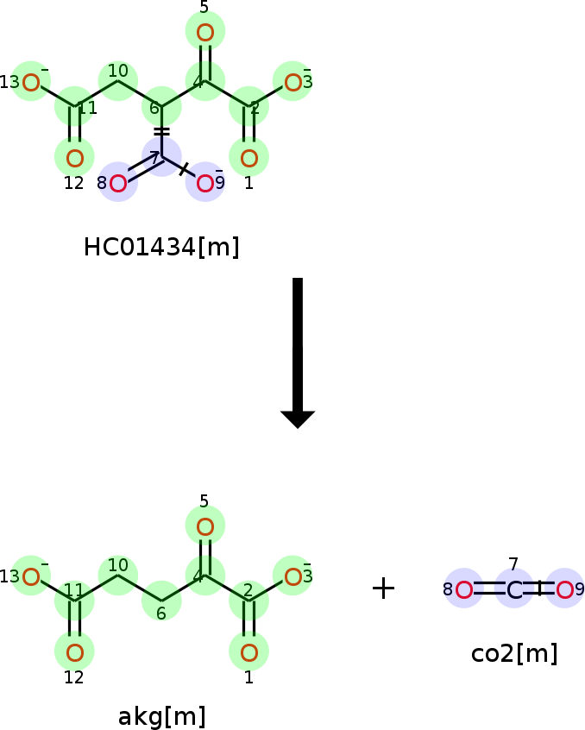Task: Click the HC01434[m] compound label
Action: coord(161,247)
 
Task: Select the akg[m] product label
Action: coord(161,717)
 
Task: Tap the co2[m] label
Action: coord(514,654)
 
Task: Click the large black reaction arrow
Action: coord(298,352)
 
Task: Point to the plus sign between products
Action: coord(383,588)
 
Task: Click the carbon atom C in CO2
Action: coord(514,590)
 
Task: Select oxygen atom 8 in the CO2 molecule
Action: coord(463,590)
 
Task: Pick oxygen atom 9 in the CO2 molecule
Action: coord(564,590)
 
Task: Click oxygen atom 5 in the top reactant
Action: coord(205,33)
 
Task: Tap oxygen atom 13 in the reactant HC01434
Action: coord(31,83)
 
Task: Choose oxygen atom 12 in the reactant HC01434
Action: coord(74,158)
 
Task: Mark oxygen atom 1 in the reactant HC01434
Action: coord(249,158)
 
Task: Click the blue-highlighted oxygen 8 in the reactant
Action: coord(118,183)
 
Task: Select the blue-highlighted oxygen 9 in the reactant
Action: coord(205,183)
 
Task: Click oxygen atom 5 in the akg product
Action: coord(205,527)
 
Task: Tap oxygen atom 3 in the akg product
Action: coord(292,577)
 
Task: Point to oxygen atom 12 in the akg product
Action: coord(74,652)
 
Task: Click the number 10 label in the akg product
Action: coord(118,564)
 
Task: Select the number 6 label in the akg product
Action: coord(161,614)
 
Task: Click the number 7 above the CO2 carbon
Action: coord(513,563)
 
